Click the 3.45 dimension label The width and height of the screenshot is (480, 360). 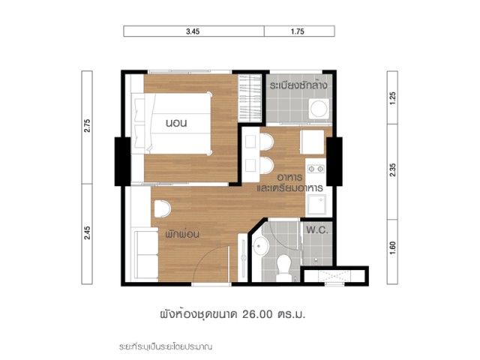193,31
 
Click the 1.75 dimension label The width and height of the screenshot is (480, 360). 298,31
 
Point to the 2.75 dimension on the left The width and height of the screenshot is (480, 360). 87,125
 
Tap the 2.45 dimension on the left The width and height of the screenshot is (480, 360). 87,232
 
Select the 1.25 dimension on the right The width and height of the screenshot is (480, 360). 393,98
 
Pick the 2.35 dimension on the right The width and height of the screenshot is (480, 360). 393,170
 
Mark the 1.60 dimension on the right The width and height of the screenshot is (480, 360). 393,248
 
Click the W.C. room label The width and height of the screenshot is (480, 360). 317,230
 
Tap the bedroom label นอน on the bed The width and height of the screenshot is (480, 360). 176,123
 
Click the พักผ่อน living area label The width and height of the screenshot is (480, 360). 182,234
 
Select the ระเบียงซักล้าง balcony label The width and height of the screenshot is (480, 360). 298,85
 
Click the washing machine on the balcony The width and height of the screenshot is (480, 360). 319,109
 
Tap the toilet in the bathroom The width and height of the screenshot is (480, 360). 283,267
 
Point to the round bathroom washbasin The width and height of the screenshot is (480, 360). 261,246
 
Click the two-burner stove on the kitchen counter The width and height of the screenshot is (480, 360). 316,169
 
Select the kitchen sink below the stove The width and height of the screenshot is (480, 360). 316,205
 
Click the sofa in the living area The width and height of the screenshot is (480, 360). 146,255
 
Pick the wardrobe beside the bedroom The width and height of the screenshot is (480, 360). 250,98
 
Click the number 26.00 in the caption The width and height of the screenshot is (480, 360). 257,314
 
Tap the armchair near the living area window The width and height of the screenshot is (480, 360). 162,208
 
